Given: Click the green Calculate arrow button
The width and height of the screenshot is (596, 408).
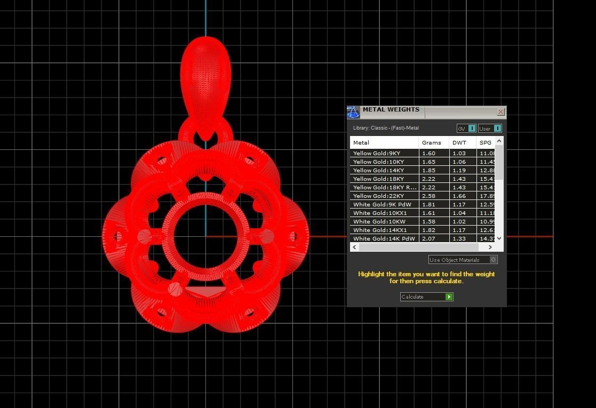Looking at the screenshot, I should pos(449,297).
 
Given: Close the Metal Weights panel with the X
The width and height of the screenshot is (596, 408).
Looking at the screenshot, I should pos(500,111).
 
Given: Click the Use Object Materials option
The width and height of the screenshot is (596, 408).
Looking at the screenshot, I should pos(463,260).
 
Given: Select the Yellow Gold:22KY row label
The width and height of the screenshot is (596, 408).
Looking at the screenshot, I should pos(378,196).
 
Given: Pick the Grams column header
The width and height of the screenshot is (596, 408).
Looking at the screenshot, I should pos(432,142).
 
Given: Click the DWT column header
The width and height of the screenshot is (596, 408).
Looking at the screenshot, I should pos(459,142).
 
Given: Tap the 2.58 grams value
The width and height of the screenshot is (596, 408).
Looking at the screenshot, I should pos(429,196).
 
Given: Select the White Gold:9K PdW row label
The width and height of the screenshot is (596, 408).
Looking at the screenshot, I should pos(382,204).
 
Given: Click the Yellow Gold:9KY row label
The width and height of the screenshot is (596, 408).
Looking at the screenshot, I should pos(377,153).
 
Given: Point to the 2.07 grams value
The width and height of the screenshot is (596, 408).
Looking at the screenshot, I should pos(429,238).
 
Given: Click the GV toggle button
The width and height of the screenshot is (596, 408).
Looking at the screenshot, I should pos(466,129).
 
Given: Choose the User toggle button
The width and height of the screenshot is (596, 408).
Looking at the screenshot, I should pos(490,129).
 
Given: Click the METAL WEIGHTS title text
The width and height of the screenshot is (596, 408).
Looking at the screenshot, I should pos(391,109).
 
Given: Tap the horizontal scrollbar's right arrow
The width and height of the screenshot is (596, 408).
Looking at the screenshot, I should pos(490,247).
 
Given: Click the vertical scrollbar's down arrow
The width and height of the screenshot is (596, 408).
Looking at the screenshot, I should pos(499,238).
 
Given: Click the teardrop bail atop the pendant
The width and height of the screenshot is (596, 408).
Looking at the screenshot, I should pos(206,75).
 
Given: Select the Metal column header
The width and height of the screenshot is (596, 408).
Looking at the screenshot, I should pos(361,142).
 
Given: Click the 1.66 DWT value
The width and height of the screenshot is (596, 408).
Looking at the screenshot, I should pos(459,196).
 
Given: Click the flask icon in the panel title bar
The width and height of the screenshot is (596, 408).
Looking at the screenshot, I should pos(353,112).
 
